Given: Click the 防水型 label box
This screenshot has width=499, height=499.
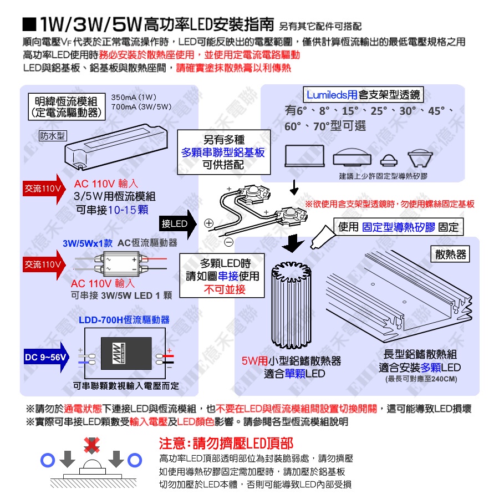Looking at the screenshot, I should (x=53, y=136).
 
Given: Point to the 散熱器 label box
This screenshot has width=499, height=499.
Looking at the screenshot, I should (x=451, y=254).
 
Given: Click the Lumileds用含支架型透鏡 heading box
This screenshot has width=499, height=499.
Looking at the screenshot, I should (x=363, y=95).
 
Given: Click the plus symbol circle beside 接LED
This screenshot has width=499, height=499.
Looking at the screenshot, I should (x=209, y=223).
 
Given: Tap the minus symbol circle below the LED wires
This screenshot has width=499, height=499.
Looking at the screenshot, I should (x=228, y=241).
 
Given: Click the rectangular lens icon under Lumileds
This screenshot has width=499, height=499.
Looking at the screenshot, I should (x=304, y=157).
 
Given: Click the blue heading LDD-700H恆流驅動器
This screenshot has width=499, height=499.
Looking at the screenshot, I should (x=124, y=320).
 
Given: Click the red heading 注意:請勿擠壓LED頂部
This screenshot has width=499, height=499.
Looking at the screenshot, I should (x=226, y=444).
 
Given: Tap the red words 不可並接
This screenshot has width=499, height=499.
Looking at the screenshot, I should (x=225, y=289).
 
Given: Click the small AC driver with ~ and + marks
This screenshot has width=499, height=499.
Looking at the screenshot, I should (x=121, y=263).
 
